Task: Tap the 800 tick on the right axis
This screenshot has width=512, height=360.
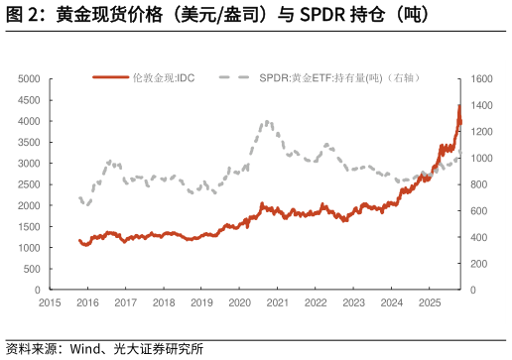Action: (x=478, y=184)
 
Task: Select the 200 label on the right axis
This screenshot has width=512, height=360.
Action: (x=478, y=264)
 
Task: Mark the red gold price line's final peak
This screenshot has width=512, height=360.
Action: (x=459, y=105)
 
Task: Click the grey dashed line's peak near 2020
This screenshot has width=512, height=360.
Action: (x=267, y=122)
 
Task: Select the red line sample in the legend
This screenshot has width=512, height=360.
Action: (x=111, y=77)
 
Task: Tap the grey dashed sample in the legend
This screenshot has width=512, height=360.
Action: (x=235, y=77)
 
